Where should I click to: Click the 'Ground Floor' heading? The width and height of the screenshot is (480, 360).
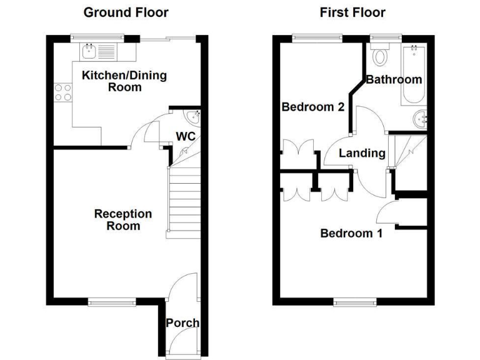126,12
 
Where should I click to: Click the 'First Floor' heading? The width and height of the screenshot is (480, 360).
352,12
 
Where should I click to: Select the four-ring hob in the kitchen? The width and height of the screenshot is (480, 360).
62,92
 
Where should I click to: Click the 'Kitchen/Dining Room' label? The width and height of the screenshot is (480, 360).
116,81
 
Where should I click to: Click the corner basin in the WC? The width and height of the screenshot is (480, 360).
194,116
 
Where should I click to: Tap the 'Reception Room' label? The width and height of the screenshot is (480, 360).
122,219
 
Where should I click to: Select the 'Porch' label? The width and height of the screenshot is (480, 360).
182,323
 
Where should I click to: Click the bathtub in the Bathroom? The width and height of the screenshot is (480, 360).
414,75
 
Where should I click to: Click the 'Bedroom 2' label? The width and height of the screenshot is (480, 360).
312,107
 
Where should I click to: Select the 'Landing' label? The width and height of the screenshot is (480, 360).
362,152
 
